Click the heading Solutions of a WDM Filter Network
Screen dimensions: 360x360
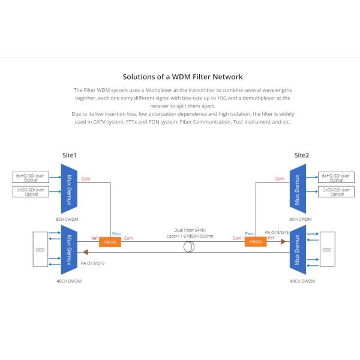182,77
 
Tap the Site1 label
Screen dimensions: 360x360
70,155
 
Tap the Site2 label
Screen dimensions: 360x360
302,155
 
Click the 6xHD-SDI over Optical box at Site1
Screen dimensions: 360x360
31,177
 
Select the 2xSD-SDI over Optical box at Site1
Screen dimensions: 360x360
31,191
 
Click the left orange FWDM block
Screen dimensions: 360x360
110,242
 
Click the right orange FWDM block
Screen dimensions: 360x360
255,242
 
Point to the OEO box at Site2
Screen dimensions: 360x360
327,249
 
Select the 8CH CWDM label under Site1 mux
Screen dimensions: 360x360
71,220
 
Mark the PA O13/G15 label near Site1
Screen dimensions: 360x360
92,263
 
